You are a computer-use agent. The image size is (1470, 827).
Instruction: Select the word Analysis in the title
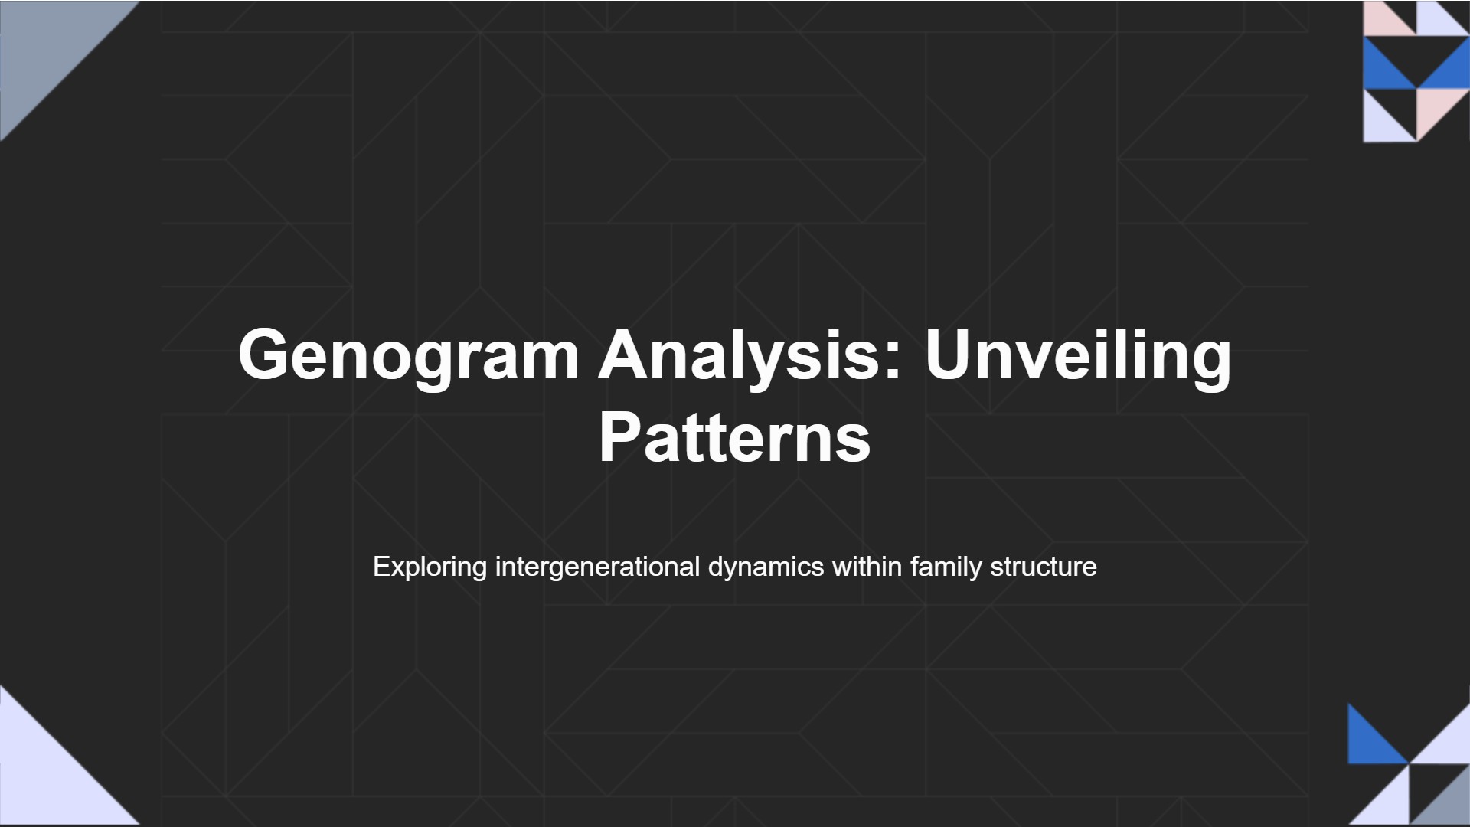740,355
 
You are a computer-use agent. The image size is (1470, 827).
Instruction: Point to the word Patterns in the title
734,437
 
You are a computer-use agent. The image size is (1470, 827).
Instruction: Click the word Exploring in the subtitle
430,567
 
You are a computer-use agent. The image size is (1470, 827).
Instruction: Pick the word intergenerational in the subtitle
597,567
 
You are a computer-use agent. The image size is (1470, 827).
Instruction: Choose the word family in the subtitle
946,567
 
